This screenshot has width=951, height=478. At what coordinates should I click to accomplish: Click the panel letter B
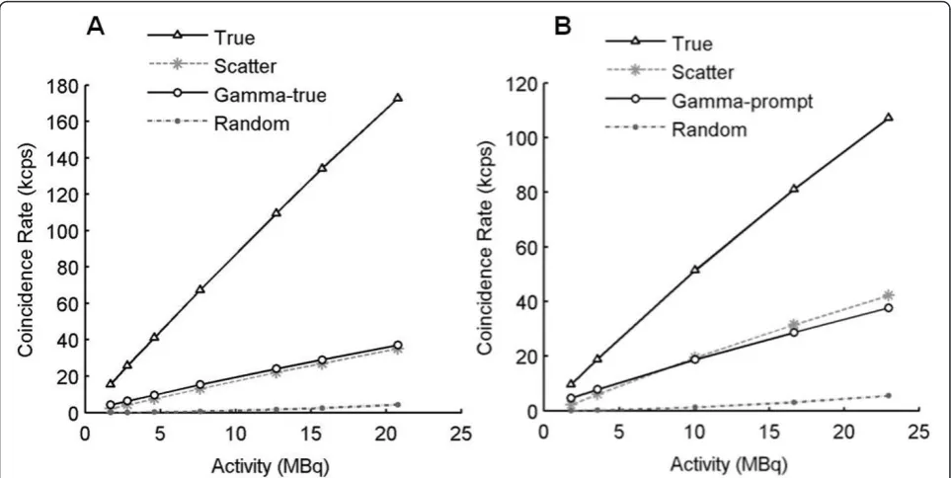(564, 28)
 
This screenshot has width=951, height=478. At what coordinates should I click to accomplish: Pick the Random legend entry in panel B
(676, 129)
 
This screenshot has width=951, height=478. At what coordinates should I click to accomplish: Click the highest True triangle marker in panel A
(398, 98)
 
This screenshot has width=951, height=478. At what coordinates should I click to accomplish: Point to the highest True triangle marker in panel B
(889, 118)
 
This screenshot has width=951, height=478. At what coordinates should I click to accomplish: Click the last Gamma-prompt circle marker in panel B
(889, 308)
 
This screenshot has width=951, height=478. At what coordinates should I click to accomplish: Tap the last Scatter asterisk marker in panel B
(889, 295)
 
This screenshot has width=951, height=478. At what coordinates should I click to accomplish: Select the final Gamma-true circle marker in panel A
(398, 345)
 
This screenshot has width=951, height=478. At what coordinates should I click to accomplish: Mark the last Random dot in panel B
(889, 395)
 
